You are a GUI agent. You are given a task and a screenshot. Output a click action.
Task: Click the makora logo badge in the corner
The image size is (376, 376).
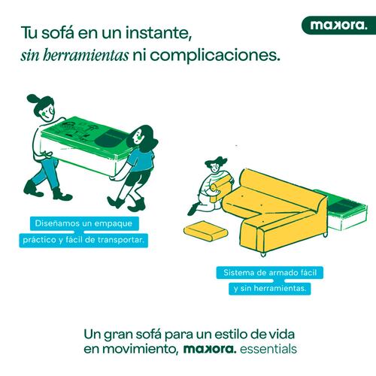pos(338,26)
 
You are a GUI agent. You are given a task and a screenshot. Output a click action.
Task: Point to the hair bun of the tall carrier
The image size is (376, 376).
pos(32,99)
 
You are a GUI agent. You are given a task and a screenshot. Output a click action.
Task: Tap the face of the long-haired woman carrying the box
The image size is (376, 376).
pos(137,137)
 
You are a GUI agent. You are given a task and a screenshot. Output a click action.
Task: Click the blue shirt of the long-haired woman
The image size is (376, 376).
pos(141,160)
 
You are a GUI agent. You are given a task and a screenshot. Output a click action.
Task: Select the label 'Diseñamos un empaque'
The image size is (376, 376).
pos(83,223)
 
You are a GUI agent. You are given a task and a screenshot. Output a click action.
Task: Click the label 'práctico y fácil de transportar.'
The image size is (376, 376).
pos(83,240)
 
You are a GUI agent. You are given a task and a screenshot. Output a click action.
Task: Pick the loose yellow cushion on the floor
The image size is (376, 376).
pos(206,230)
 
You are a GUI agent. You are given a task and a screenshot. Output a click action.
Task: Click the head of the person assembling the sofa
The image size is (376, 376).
pos(215,165)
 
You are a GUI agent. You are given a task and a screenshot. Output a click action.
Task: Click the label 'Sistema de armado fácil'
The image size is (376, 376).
pos(270,272)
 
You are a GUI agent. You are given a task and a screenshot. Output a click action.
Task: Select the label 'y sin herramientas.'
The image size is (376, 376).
pos(270,289)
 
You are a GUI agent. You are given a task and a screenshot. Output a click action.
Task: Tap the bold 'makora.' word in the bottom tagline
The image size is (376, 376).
pos(210,349)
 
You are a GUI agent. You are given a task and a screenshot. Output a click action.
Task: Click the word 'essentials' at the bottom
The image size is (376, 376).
pos(268,349)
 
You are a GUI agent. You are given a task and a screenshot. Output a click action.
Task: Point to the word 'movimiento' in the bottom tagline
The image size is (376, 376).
pos(141,349)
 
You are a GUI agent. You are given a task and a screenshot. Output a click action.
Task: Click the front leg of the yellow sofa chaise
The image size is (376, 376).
pos(263,254)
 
